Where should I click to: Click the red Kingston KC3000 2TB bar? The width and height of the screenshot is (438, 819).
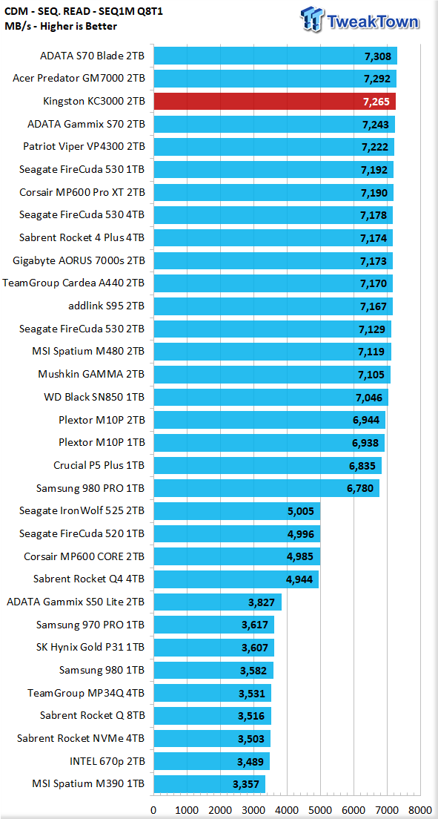274,102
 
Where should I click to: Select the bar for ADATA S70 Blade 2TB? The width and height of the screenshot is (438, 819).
275,56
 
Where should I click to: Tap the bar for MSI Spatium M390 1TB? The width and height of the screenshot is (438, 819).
209,783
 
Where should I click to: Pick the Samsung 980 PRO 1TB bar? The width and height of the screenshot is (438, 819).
266,488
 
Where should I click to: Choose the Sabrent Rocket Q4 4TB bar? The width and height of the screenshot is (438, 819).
236,579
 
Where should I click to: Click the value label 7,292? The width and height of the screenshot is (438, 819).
377,79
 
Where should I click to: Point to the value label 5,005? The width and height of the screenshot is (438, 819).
301,511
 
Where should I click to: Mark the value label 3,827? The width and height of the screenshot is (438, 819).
262,602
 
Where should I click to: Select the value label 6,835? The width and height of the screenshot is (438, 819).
362,466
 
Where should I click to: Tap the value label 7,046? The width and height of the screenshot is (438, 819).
368,398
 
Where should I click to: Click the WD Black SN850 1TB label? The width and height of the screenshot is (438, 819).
94,397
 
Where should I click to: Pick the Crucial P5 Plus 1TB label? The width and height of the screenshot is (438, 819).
99,465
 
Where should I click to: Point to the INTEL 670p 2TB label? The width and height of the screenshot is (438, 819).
107,760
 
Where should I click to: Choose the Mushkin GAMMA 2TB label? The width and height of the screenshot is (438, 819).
91,375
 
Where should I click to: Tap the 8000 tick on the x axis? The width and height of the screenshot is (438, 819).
421,809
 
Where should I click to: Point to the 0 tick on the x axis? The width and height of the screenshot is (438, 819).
153,809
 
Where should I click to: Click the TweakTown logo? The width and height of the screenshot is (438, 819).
359,20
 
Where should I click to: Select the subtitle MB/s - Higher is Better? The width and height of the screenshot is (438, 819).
61,26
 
